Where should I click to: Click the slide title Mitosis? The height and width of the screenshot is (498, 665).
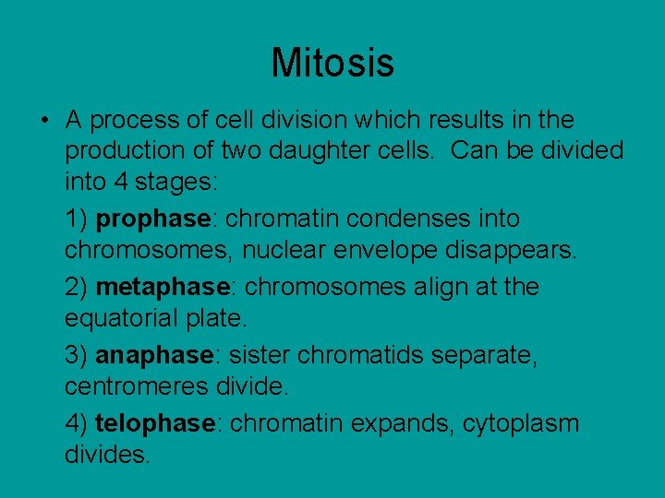(x=332, y=63)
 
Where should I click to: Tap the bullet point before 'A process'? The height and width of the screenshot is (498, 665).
(x=44, y=121)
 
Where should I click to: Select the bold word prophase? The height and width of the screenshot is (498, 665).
(x=153, y=219)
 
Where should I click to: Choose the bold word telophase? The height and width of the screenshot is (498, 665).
(x=155, y=424)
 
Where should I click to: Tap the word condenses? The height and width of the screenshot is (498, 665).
(x=400, y=219)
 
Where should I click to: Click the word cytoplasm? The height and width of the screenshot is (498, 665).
(x=521, y=424)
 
